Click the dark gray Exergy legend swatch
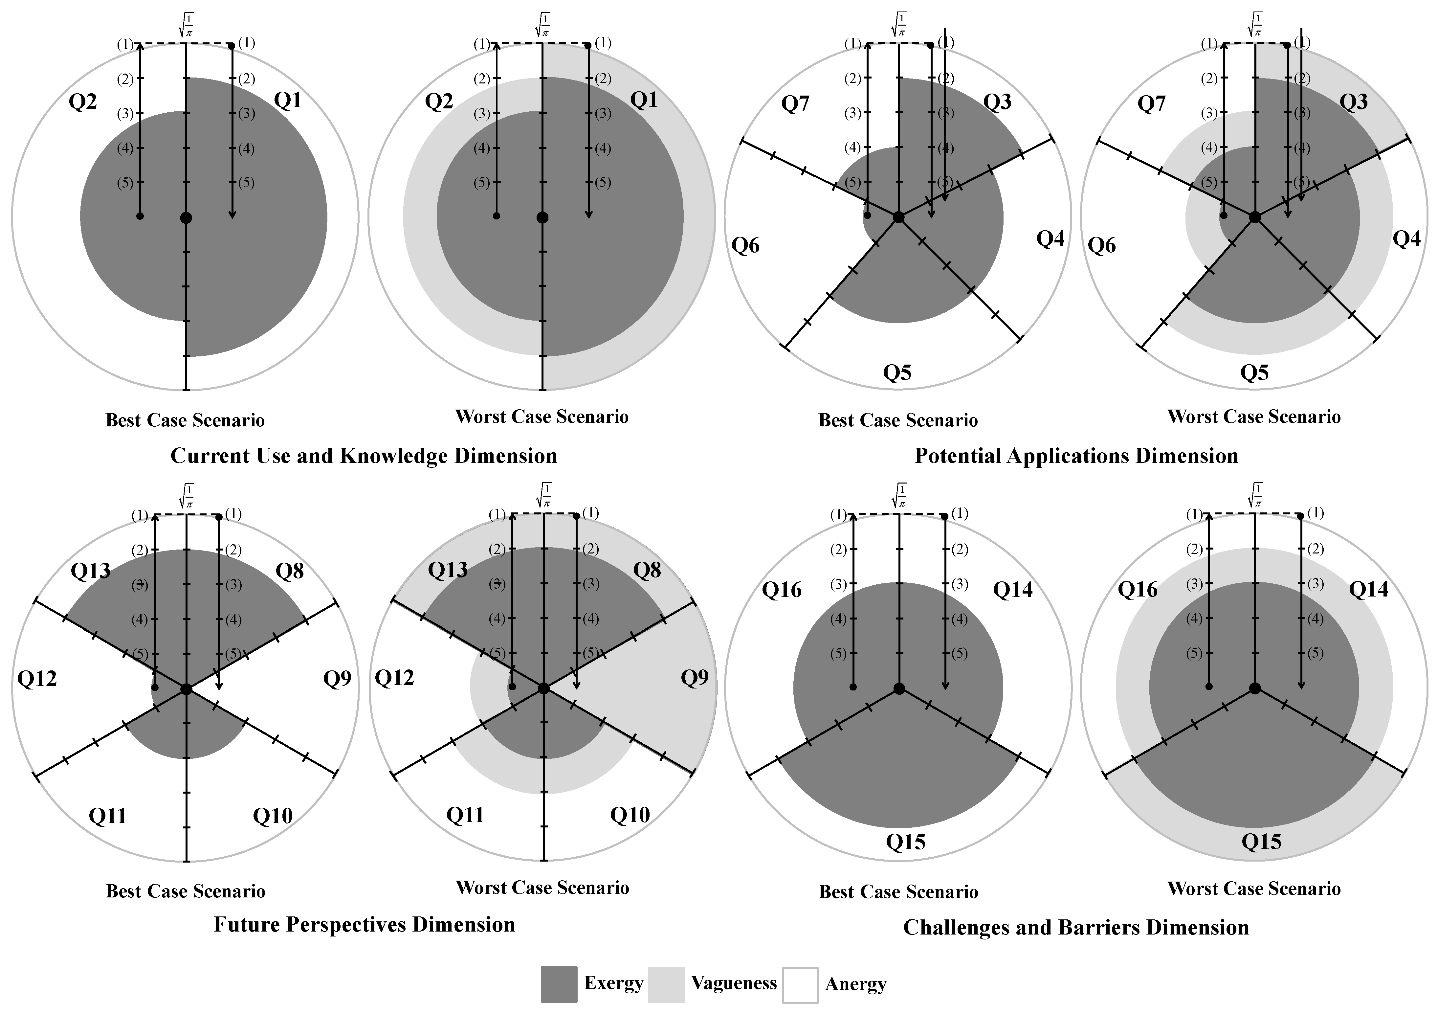click(559, 984)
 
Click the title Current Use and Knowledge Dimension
click(364, 455)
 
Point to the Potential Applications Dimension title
click(1076, 455)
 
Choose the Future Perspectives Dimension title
click(364, 924)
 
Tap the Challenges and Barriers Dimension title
click(1076, 927)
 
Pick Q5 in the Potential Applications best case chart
click(897, 373)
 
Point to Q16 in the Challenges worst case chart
click(1138, 589)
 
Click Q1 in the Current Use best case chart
click(288, 100)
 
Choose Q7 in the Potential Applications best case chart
click(795, 103)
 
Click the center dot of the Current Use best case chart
click(186, 217)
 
